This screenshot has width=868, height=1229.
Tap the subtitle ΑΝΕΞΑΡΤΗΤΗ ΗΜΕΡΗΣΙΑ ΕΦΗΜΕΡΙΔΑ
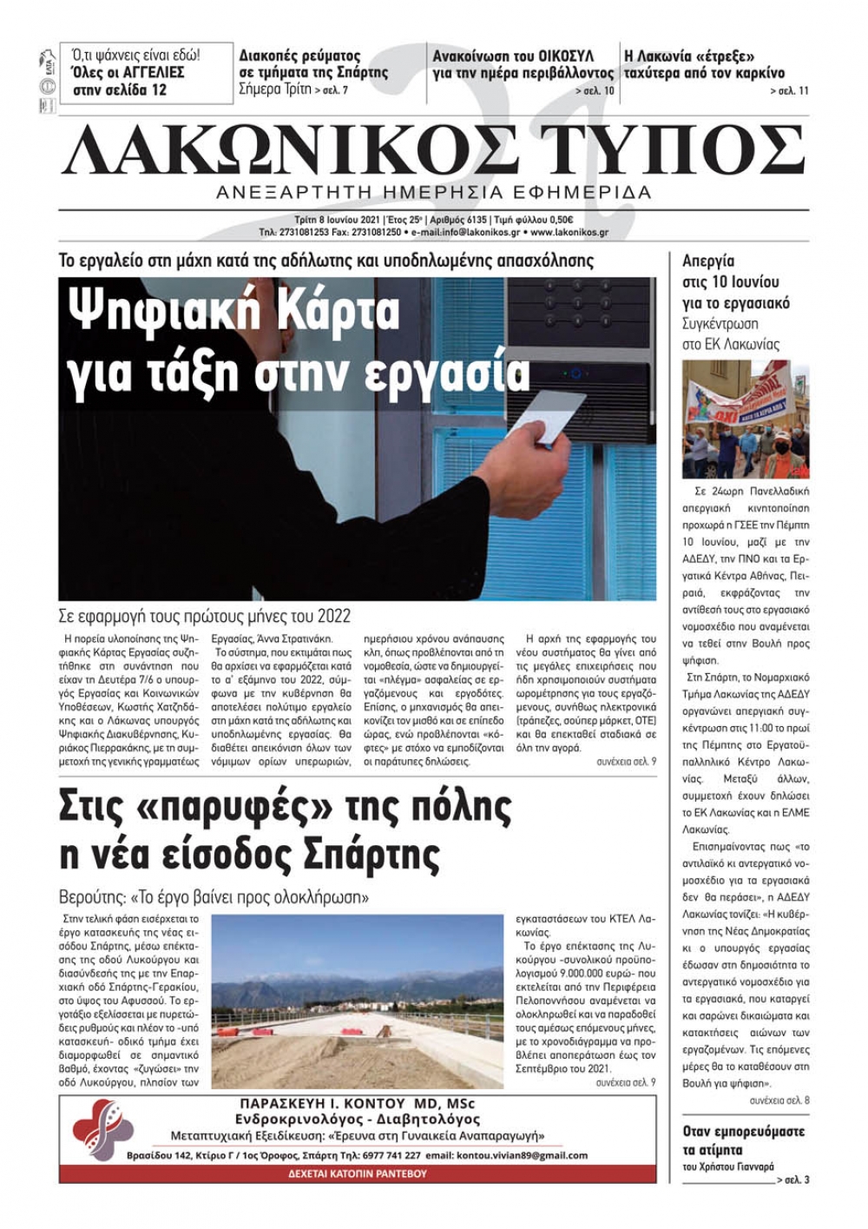434,192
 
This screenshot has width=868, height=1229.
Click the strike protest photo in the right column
746,419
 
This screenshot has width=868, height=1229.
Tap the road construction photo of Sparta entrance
357,1001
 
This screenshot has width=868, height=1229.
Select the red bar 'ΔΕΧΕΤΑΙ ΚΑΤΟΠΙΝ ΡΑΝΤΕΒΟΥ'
357,1173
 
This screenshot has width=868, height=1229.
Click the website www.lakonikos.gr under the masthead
569,233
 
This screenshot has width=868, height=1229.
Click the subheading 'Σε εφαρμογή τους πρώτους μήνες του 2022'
205,616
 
